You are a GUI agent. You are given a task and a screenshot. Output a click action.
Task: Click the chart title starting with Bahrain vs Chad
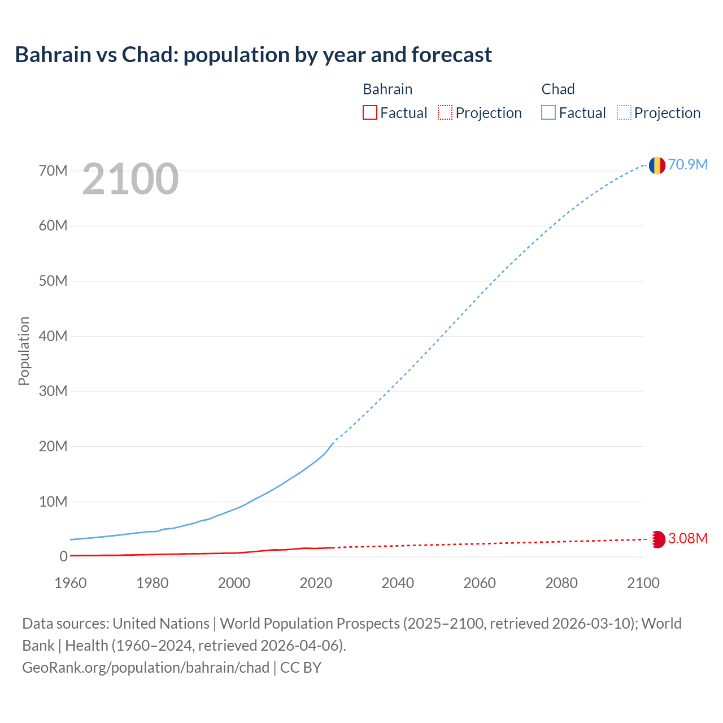coord(253,55)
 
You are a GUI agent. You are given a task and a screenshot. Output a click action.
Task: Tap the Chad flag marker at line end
coord(657,165)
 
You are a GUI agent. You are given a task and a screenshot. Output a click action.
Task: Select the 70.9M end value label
coord(687,164)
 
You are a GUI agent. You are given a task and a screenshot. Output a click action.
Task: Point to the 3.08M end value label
coord(687,538)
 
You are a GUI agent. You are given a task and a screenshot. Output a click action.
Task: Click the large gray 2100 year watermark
coord(130,179)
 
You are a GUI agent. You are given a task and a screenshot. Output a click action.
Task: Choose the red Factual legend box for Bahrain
coord(370,113)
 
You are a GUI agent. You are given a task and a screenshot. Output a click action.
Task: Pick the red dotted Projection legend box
coord(445,113)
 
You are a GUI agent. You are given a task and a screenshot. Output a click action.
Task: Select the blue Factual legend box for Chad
coord(548,113)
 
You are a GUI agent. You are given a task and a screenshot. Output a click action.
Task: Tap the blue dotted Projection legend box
coord(624,113)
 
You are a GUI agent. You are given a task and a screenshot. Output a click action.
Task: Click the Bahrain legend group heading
coord(387,89)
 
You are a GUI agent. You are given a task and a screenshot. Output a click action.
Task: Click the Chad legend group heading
coord(558,89)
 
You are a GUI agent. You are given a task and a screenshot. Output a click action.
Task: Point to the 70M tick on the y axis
coord(53,171)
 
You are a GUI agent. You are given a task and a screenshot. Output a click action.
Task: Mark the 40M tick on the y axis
coord(53,336)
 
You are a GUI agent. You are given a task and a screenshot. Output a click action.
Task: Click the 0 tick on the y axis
coord(63,557)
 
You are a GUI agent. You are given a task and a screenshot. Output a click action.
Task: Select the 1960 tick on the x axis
coord(71,583)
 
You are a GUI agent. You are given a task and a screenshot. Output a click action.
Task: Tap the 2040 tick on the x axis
coord(398,583)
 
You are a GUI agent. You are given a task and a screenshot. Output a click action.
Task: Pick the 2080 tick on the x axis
coord(561,583)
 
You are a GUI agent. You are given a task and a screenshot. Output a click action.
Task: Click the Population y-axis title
coord(24,351)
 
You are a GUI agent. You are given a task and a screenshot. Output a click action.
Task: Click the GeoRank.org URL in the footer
coord(146,668)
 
